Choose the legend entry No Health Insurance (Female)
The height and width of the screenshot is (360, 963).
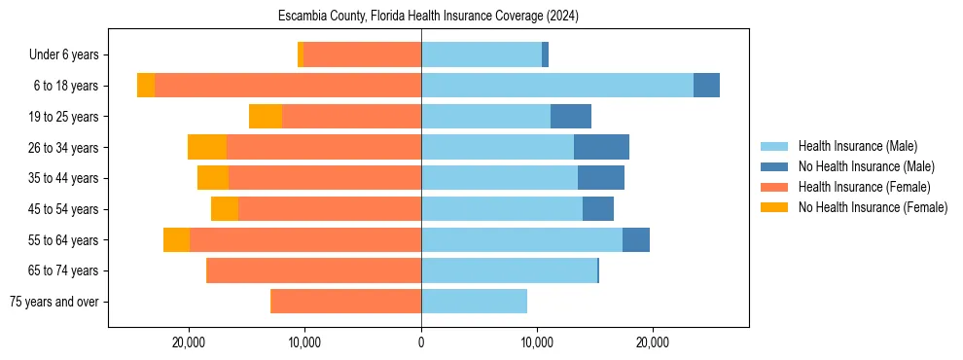tap(873, 207)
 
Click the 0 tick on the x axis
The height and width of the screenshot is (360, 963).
tap(421, 342)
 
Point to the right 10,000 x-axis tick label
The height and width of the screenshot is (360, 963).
tap(537, 342)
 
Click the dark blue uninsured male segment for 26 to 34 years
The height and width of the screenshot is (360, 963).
tap(601, 147)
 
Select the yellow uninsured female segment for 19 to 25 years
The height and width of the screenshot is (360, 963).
tap(266, 116)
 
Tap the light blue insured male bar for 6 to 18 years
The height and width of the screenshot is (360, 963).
tap(557, 86)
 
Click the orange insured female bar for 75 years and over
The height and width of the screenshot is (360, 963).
tap(345, 302)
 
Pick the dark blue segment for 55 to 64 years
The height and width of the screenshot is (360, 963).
tap(636, 239)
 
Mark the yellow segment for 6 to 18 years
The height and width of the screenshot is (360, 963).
tap(146, 86)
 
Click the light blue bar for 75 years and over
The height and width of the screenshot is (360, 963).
tap(474, 302)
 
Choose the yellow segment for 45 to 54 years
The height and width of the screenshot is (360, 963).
tap(225, 208)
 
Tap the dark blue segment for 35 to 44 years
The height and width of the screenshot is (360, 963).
tap(601, 178)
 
